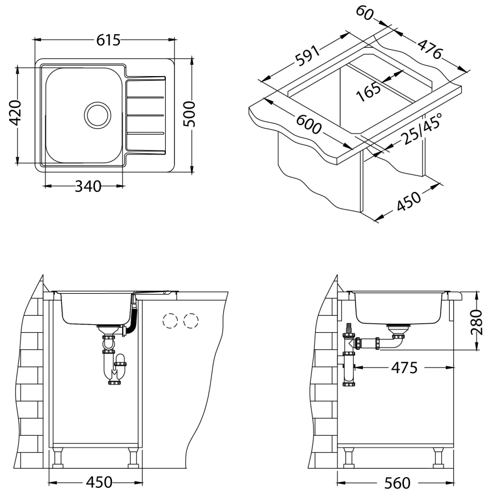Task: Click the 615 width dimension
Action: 108,40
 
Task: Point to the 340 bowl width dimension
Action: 88,186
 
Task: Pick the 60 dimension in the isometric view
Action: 365,13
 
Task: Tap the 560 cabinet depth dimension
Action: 397,482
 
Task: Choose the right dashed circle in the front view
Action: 192,321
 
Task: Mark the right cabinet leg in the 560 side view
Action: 439,457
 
